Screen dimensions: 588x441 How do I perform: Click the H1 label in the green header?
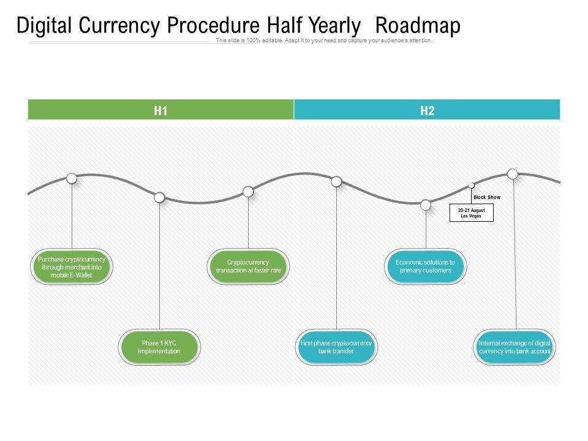click(160, 110)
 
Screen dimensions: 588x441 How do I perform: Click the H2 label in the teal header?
click(427, 110)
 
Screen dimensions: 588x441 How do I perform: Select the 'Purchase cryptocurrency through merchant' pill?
click(72, 267)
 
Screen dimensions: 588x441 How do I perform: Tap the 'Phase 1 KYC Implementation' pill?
click(159, 347)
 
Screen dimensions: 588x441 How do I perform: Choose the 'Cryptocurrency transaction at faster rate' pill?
click(248, 266)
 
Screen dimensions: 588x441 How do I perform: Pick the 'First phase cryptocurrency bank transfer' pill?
click(336, 347)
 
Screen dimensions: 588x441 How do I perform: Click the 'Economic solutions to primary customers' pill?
click(426, 266)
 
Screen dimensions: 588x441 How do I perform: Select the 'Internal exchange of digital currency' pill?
click(514, 347)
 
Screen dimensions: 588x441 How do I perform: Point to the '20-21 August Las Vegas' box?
click(472, 213)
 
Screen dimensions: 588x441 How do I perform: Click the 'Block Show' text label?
click(487, 197)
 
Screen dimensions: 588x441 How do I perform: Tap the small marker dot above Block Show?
click(472, 185)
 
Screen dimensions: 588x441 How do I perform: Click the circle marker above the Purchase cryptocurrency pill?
click(72, 178)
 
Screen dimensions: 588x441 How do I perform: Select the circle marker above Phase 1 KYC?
click(159, 197)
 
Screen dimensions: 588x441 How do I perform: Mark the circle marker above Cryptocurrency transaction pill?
click(248, 192)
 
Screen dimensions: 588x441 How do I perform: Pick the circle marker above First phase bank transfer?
click(336, 181)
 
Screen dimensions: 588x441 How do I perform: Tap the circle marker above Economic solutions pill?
click(426, 205)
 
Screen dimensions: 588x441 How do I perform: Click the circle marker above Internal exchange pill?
click(513, 174)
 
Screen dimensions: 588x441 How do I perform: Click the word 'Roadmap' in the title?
click(418, 26)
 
